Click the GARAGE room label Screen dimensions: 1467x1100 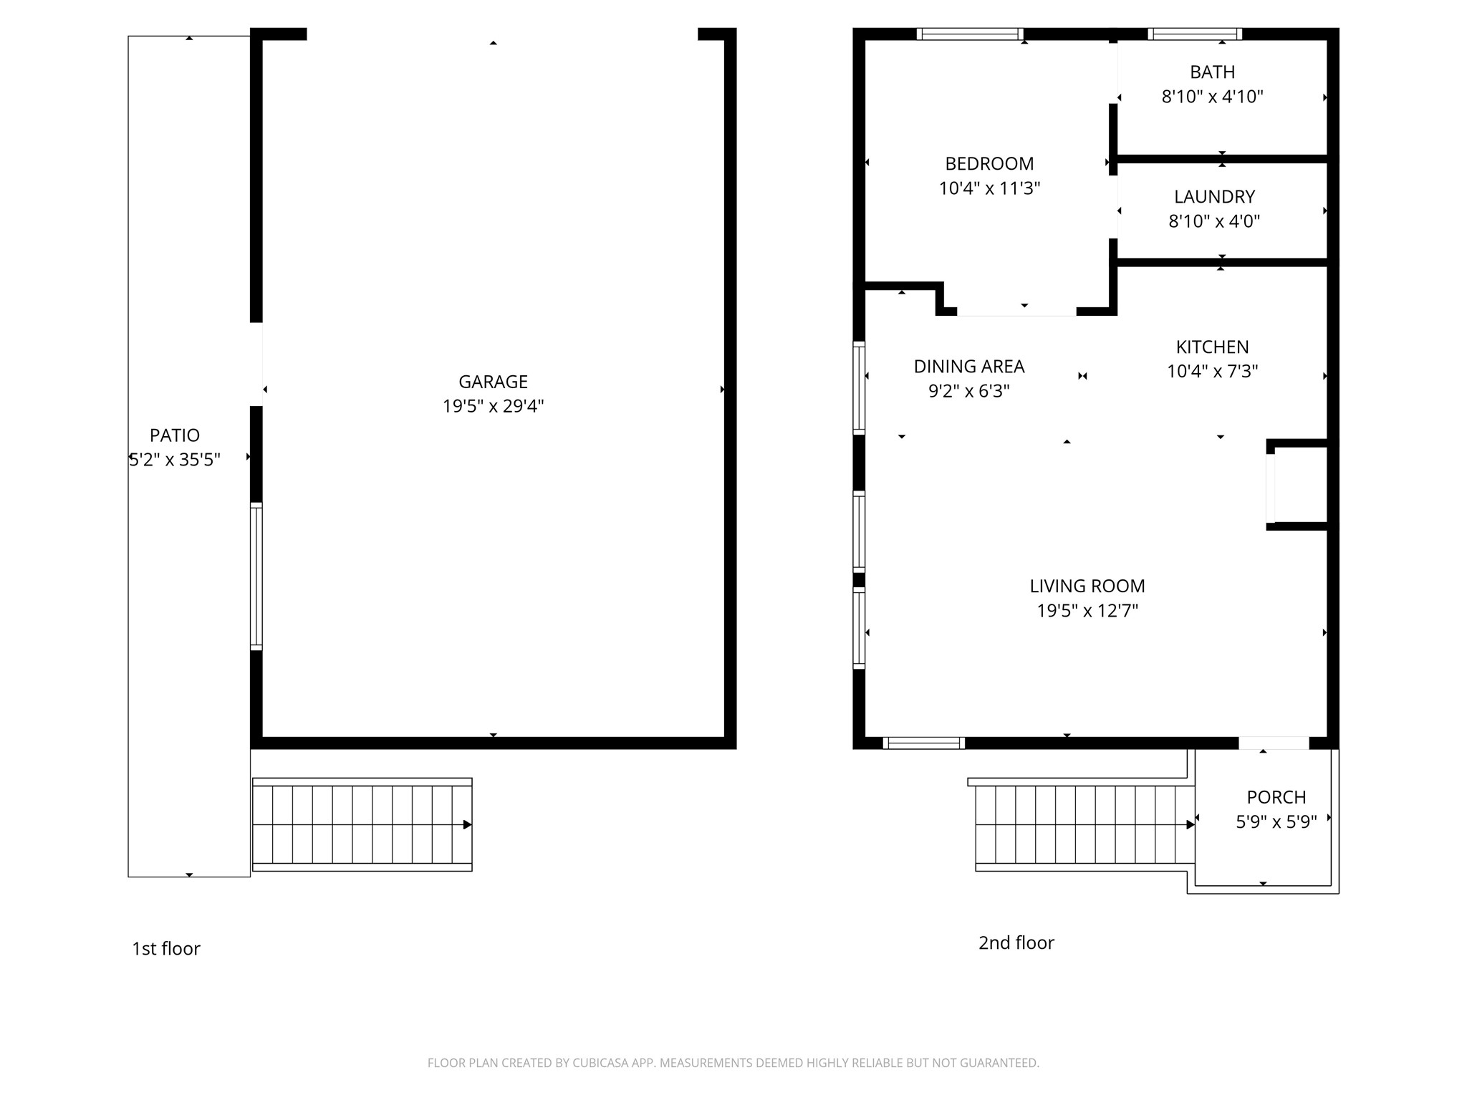tap(493, 382)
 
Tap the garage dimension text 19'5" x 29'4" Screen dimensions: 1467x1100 tap(493, 406)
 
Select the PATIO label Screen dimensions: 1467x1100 tap(175, 435)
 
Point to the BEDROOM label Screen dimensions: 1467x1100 tap(989, 164)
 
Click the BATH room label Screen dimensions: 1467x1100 tap(1213, 72)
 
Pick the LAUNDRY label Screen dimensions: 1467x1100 tap(1214, 196)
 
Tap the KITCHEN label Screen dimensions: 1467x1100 tap(1212, 347)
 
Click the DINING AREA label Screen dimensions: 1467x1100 tap(969, 367)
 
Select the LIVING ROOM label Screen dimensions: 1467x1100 tap(1087, 586)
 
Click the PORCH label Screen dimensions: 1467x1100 tap(1276, 797)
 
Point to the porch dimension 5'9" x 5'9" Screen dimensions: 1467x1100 tap(1276, 821)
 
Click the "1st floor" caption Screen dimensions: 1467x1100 tap(166, 949)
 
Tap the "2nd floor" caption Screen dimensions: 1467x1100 tap(1016, 942)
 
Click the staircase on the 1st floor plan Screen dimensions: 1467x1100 tap(362, 824)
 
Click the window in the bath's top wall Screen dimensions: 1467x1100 tap(1195, 34)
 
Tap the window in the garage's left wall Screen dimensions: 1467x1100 tap(256, 576)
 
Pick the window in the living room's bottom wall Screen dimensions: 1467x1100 tap(924, 743)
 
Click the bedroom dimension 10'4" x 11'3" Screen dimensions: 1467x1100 tap(989, 188)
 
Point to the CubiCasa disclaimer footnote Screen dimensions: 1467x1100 tap(733, 1063)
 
